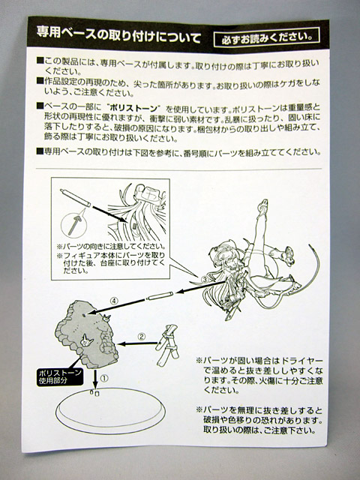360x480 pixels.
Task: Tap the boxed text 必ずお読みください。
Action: click(x=267, y=37)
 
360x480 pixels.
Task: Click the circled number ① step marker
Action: click(x=104, y=378)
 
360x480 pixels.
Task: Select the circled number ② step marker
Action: click(x=141, y=337)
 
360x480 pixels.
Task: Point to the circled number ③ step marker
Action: click(x=205, y=279)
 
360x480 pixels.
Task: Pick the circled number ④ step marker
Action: click(x=114, y=301)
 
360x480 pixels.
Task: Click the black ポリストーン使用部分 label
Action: click(x=59, y=377)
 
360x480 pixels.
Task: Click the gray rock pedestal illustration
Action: click(x=86, y=334)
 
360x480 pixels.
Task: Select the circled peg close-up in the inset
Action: click(x=73, y=226)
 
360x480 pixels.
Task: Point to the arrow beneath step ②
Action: click(x=137, y=343)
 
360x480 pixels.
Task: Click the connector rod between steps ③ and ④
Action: click(x=160, y=295)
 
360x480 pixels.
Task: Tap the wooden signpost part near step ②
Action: click(x=167, y=345)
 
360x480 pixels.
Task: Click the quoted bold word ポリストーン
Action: click(x=134, y=108)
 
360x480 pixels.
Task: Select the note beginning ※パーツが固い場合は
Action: click(x=259, y=375)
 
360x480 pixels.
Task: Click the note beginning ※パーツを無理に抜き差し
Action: click(x=259, y=420)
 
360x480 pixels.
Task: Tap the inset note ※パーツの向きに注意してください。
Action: click(x=111, y=247)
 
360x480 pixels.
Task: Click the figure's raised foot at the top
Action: click(x=262, y=205)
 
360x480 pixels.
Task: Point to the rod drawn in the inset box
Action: click(x=75, y=198)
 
